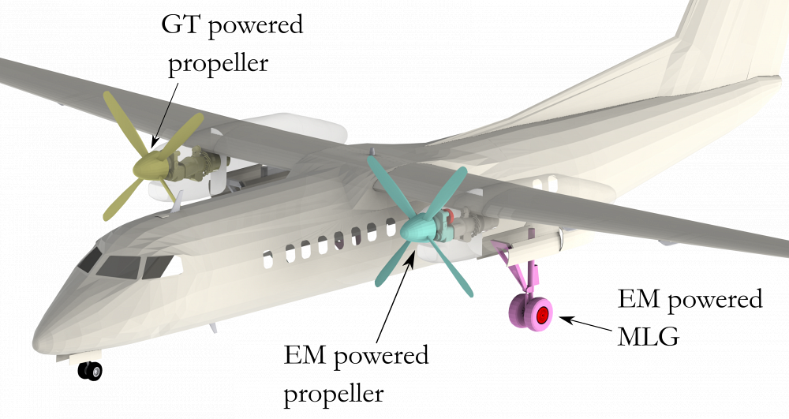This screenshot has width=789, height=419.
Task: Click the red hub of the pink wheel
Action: pos(542,316)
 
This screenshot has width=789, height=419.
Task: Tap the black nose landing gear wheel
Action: pos(90,370)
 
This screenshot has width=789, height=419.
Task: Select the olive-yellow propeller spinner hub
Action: pos(150,165)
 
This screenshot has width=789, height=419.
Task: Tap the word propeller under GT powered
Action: pos(219,62)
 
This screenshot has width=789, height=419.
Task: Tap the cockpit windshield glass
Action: pos(118,267)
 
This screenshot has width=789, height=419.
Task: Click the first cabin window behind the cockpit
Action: pos(268,256)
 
